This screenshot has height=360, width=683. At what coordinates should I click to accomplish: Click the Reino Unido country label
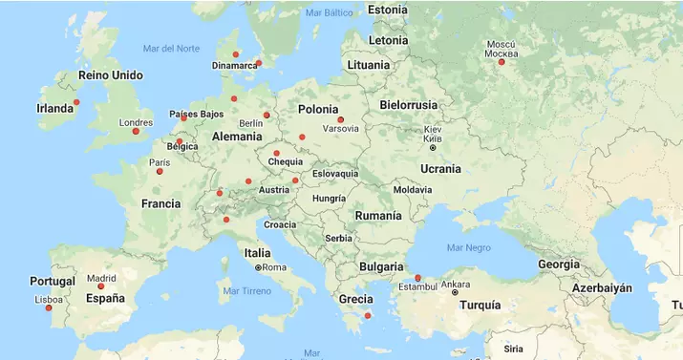pos(110,75)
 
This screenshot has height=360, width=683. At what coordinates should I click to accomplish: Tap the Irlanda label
pos(54,109)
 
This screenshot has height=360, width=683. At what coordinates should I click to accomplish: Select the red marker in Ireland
pos(77,102)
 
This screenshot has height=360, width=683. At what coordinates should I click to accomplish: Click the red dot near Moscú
pos(502,62)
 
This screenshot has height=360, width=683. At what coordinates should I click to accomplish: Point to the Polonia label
pos(318,110)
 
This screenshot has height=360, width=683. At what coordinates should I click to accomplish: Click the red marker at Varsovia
pos(341,119)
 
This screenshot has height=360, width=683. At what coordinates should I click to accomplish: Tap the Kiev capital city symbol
pos(433,147)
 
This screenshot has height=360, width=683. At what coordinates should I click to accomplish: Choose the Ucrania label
pos(440,169)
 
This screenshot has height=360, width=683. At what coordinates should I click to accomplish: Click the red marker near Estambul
pos(417,278)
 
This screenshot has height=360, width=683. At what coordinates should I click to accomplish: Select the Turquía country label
pos(480,306)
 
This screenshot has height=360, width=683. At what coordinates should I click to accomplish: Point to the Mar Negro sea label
pos(468,247)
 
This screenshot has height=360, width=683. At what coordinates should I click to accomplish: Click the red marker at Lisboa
pos(49,307)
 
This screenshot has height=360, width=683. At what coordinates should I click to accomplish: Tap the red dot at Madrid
pos(101,286)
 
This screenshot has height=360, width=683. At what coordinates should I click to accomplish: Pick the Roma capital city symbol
pos(258,267)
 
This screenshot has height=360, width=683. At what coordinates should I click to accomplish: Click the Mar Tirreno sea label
pos(246,290)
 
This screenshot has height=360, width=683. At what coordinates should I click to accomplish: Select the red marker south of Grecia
pos(368,316)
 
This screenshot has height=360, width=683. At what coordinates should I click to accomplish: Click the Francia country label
pos(160,203)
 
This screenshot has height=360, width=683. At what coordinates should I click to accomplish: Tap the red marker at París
pos(160,171)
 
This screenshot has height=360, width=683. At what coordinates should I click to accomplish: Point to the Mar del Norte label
pos(171,48)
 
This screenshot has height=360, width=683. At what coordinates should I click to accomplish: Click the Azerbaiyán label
pos(602,287)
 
